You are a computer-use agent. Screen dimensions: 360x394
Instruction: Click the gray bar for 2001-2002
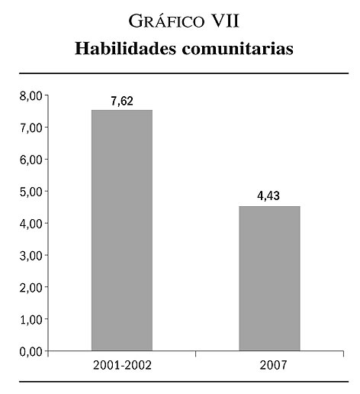pyautogui.click(x=122, y=231)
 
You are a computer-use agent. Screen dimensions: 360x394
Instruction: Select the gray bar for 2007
pyautogui.click(x=269, y=279)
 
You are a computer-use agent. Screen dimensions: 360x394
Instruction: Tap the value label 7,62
pyautogui.click(x=122, y=102)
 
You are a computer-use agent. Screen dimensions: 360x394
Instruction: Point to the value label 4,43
pyautogui.click(x=268, y=196)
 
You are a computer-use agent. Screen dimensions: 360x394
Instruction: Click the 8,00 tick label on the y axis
pyautogui.click(x=31, y=96)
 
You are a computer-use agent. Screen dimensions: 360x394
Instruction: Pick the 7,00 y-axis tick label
pyautogui.click(x=31, y=128)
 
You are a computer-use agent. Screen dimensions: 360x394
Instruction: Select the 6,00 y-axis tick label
pyautogui.click(x=31, y=160)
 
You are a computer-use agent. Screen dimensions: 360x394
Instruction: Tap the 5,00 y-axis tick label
pyautogui.click(x=31, y=192)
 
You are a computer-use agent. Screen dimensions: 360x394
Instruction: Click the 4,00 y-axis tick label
pyautogui.click(x=31, y=224)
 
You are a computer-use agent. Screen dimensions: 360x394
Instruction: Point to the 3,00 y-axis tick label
pyautogui.click(x=31, y=256)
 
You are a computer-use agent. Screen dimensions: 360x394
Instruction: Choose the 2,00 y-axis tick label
pyautogui.click(x=31, y=288)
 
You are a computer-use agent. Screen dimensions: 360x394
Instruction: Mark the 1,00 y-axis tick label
pyautogui.click(x=31, y=320)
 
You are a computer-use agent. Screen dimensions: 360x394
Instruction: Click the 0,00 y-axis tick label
pyautogui.click(x=31, y=352)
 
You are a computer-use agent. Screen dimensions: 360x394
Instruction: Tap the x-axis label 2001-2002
pyautogui.click(x=122, y=366)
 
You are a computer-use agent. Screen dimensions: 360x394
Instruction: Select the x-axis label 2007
pyautogui.click(x=273, y=366)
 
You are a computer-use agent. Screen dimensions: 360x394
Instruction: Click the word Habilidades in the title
pyautogui.click(x=125, y=48)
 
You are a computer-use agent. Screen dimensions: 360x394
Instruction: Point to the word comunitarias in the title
pyautogui.click(x=238, y=49)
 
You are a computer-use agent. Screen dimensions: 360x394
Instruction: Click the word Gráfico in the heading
pyautogui.click(x=166, y=21)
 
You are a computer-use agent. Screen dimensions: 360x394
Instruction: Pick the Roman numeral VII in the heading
pyautogui.click(x=226, y=21)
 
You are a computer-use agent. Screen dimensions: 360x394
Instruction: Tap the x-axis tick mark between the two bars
pyautogui.click(x=195, y=354)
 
